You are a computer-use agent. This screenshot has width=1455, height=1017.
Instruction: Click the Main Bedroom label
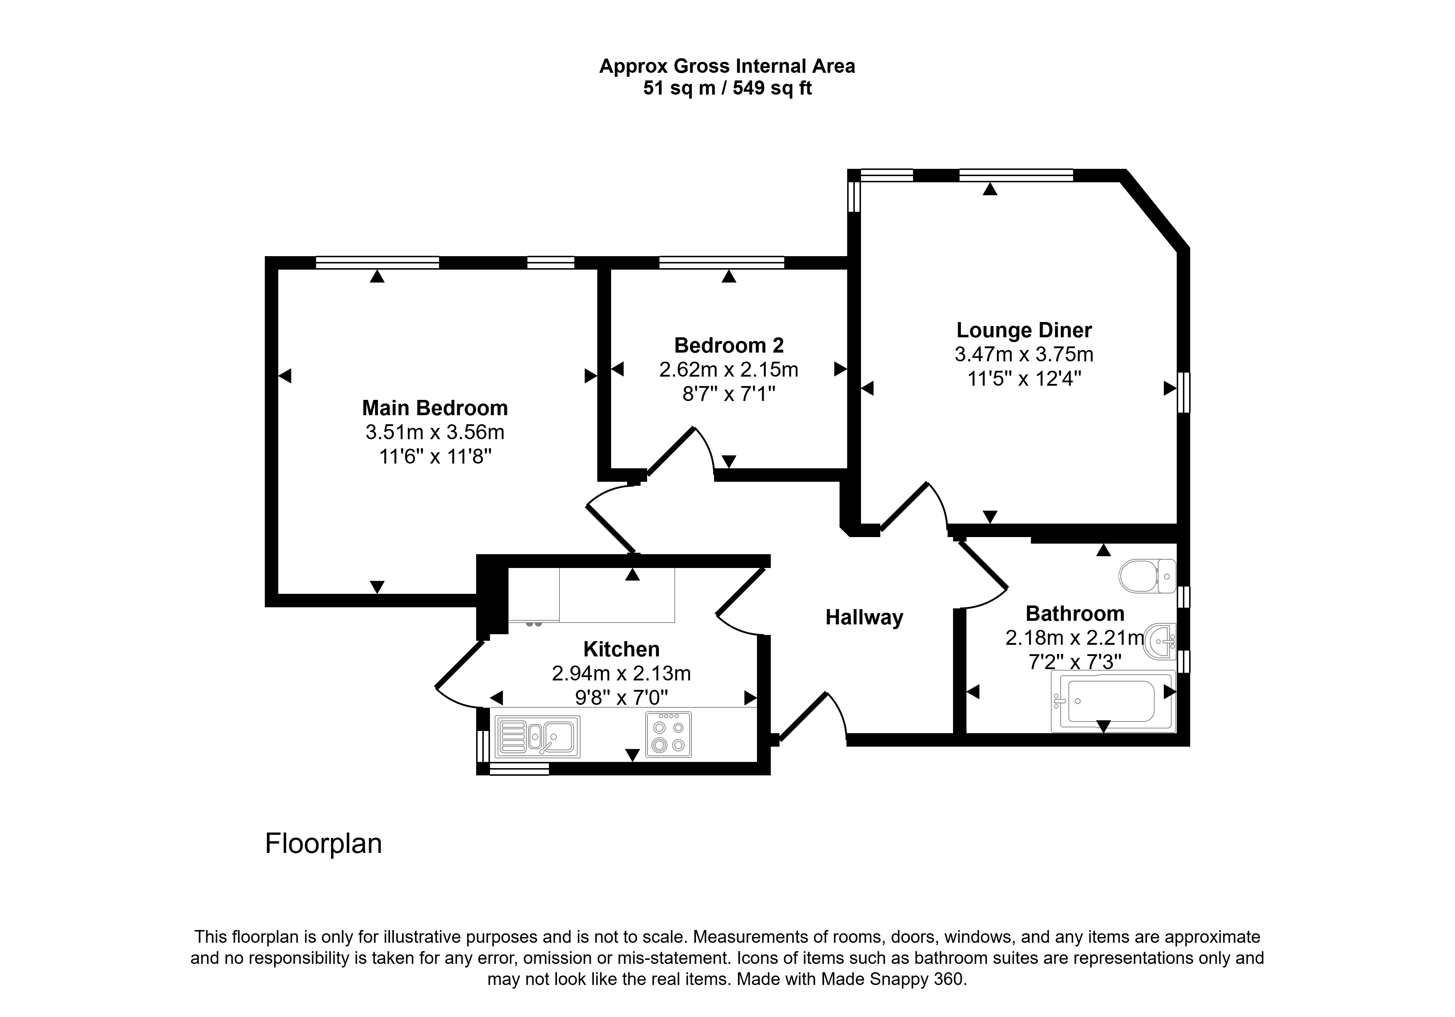(435, 408)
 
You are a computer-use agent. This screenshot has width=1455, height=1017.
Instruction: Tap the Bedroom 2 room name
(729, 346)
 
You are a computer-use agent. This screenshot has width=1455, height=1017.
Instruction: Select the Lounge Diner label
(1024, 330)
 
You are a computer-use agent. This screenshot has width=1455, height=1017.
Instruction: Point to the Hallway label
(864, 617)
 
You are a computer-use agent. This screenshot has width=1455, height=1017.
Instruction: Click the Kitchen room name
(621, 649)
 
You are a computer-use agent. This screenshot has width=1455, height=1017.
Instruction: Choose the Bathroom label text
(1075, 614)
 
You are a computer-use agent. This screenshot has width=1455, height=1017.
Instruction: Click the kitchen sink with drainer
(537, 736)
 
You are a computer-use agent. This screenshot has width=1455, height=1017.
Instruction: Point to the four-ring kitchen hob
(669, 735)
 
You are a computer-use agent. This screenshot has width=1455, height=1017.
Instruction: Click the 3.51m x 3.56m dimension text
(435, 432)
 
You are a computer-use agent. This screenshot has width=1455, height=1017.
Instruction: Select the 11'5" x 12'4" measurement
(1024, 378)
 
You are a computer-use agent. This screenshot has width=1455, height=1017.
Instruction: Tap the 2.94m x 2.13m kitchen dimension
(621, 674)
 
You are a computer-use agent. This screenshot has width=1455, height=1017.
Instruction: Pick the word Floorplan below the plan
(323, 844)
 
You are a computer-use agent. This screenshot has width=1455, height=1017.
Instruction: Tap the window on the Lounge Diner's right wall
(1183, 393)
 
